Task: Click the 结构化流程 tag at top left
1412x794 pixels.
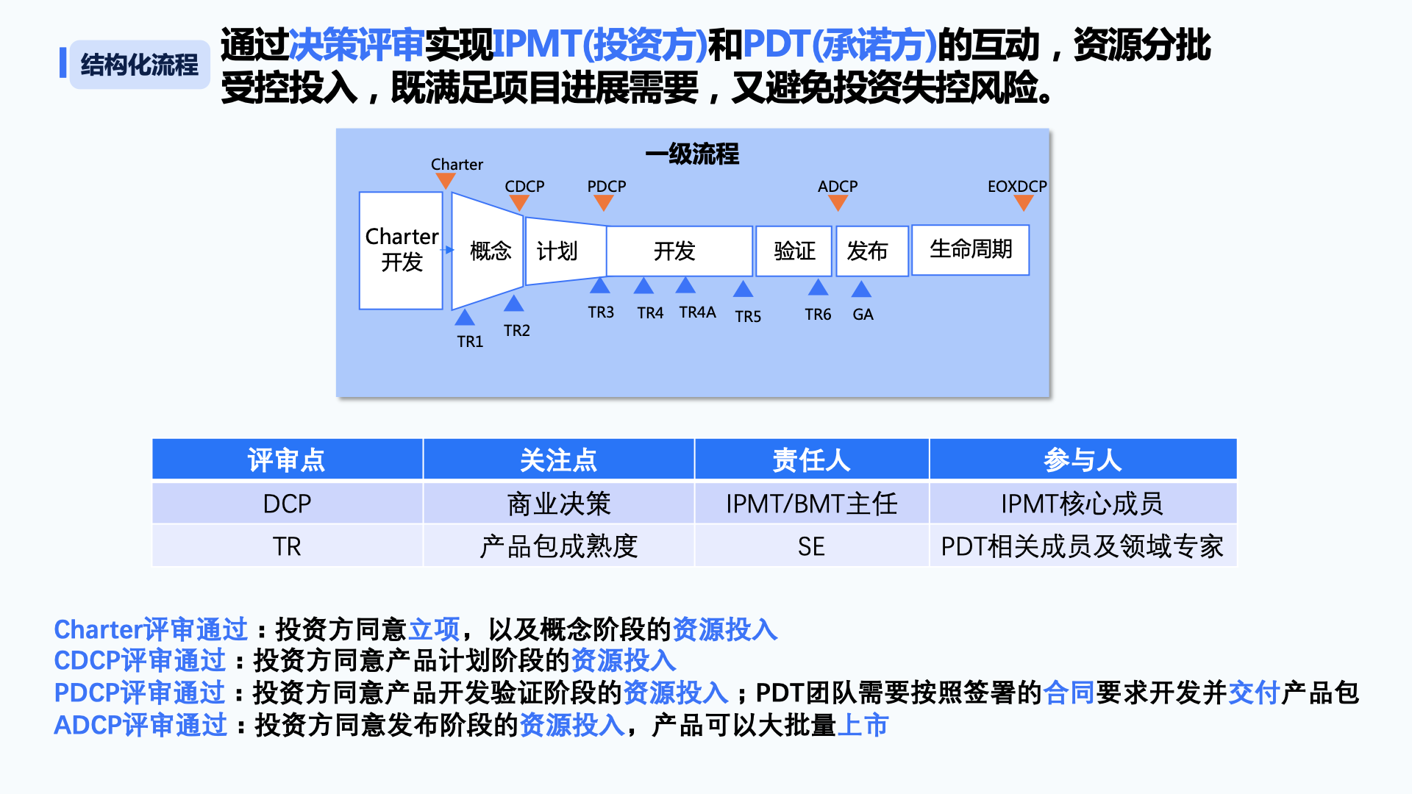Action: [x=140, y=65]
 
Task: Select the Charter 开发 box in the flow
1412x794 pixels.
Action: [x=401, y=251]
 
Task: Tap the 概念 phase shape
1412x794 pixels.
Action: [x=488, y=251]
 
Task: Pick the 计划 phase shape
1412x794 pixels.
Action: [x=566, y=251]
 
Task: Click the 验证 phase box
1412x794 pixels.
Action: [x=794, y=251]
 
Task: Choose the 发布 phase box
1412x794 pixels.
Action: [x=872, y=251]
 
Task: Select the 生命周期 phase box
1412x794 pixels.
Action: [x=971, y=250]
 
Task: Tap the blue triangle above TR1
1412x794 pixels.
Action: [x=464, y=317]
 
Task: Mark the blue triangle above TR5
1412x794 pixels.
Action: [x=743, y=289]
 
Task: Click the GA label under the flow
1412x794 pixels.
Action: [x=863, y=315]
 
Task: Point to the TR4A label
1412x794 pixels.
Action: [x=697, y=312]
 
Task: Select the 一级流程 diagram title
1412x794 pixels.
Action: [x=692, y=154]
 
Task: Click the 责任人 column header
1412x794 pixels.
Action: [x=812, y=459]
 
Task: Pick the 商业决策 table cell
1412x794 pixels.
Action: [x=559, y=504]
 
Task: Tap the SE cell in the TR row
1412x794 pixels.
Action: [x=812, y=546]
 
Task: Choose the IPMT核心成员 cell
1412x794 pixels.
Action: [x=1083, y=504]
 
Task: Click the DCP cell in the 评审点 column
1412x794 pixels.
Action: [x=288, y=504]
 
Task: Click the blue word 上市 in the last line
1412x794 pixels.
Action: [x=863, y=726]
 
